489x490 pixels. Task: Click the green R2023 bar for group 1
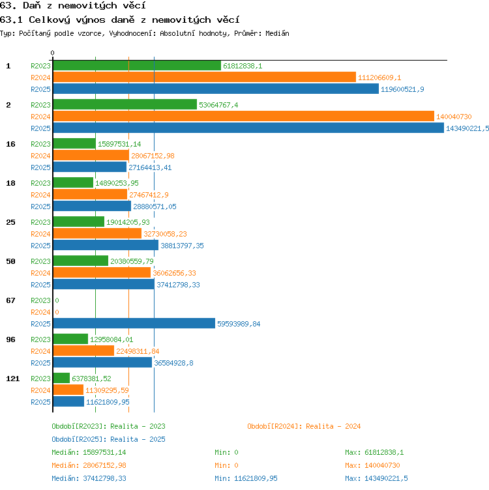pyautogui.click(x=137, y=66)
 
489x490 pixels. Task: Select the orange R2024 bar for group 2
pyautogui.click(x=244, y=116)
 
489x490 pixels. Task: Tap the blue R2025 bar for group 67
pyautogui.click(x=134, y=323)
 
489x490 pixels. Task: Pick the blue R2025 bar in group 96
pyautogui.click(x=102, y=362)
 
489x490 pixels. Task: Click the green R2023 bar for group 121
pyautogui.click(x=61, y=378)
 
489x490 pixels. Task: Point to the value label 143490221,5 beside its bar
pyautogui.click(x=467, y=128)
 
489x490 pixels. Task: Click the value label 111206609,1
pyautogui.click(x=379, y=78)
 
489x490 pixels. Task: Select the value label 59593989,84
pyautogui.click(x=239, y=324)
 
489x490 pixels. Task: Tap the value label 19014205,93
pyautogui.click(x=128, y=222)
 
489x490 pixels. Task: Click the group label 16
pyautogui.click(x=10, y=144)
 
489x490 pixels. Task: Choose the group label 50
pyautogui.click(x=10, y=261)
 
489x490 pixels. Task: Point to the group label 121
pyautogui.click(x=13, y=379)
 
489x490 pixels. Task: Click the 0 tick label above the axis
pyautogui.click(x=53, y=53)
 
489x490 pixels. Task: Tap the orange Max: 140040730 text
pyautogui.click(x=372, y=465)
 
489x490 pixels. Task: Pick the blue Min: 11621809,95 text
pyautogui.click(x=246, y=478)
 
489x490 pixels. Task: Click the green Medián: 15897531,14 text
pyautogui.click(x=89, y=452)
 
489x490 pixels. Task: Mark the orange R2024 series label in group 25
pyautogui.click(x=40, y=234)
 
